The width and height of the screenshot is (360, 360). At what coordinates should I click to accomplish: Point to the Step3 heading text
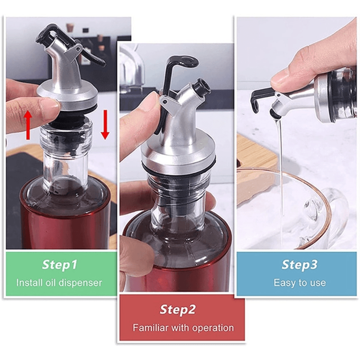299,265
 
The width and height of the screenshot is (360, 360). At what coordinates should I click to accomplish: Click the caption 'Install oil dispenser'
59,283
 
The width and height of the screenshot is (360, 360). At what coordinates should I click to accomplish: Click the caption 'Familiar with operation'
183,328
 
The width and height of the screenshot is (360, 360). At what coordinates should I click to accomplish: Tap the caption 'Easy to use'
299,283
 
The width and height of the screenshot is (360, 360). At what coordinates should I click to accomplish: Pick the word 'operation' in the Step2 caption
214,328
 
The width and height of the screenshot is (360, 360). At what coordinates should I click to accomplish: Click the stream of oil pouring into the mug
280,180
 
